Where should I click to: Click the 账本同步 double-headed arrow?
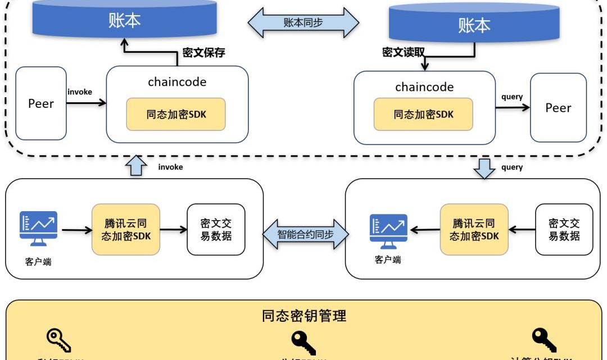[x=303, y=23]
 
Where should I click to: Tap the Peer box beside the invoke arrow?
[x=41, y=103]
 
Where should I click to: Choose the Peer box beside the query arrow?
[x=558, y=108]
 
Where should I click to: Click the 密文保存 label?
[x=204, y=53]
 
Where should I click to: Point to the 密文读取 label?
[x=403, y=52]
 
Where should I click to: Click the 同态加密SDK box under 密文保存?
[x=176, y=114]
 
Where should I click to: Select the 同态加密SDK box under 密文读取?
[x=423, y=115]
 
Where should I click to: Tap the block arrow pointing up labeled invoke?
[x=135, y=166]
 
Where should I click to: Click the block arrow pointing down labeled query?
[x=484, y=167]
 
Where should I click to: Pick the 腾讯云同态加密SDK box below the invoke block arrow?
[x=126, y=229]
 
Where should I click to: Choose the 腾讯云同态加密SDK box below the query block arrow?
[x=474, y=229]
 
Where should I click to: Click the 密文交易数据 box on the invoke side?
[x=216, y=229]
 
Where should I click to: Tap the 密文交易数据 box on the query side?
[x=564, y=229]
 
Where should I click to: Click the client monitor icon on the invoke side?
[x=38, y=228]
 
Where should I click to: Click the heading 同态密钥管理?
[x=304, y=316]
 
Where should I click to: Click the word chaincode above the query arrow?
[x=424, y=87]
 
